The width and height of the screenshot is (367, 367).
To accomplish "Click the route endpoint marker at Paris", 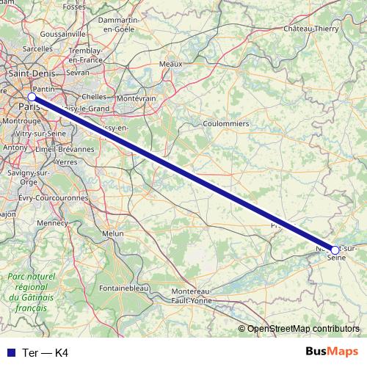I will click(32, 97).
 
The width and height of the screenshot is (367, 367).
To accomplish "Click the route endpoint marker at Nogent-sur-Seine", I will click(335, 250).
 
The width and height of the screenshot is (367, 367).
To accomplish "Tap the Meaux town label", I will click(170, 65).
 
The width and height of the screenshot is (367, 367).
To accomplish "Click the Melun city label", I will click(113, 233).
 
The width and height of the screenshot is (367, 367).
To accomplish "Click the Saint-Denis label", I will click(28, 74).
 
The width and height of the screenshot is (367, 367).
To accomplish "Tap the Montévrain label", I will click(137, 98).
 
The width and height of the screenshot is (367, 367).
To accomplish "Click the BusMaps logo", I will click(331, 352).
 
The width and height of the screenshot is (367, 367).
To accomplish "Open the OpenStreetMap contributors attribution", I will click(303, 328).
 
